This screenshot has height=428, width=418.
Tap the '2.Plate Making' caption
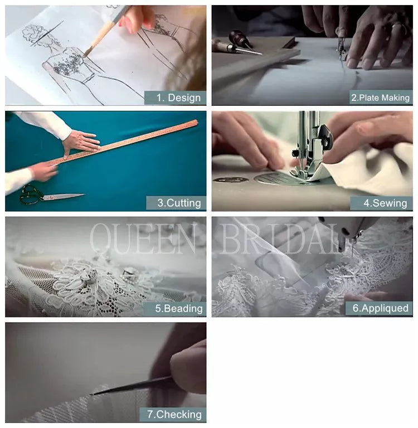coord(380,98)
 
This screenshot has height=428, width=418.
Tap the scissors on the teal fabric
coord(52,195)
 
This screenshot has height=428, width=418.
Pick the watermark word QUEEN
coord(143,239)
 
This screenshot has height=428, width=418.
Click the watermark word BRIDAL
coord(282,239)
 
